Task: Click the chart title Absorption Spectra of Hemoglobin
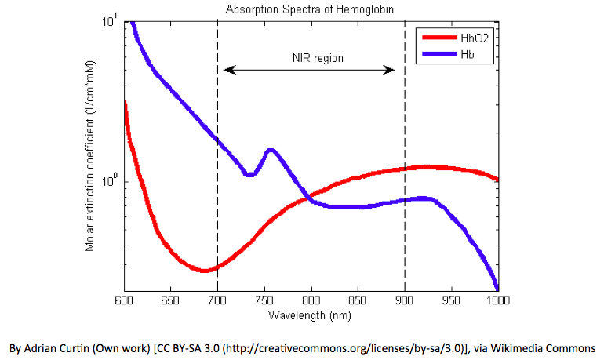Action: coord(311,9)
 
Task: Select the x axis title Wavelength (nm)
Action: coord(311,315)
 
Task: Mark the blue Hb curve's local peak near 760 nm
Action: coord(271,150)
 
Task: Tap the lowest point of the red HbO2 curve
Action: coord(205,270)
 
